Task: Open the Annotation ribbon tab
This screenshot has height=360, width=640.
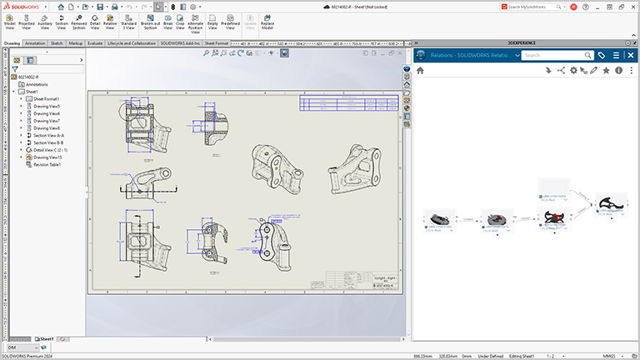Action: click(x=36, y=42)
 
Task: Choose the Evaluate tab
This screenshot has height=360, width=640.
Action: click(x=96, y=42)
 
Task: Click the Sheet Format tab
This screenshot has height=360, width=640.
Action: click(x=217, y=42)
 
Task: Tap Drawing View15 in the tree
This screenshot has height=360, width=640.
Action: click(x=47, y=157)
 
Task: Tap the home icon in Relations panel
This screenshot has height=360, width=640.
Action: click(x=421, y=71)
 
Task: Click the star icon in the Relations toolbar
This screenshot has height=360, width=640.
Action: click(x=606, y=71)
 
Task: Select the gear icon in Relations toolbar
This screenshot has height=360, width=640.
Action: click(x=572, y=71)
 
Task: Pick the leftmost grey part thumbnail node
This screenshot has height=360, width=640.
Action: click(x=439, y=217)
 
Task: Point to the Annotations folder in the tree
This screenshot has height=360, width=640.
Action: click(x=37, y=84)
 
